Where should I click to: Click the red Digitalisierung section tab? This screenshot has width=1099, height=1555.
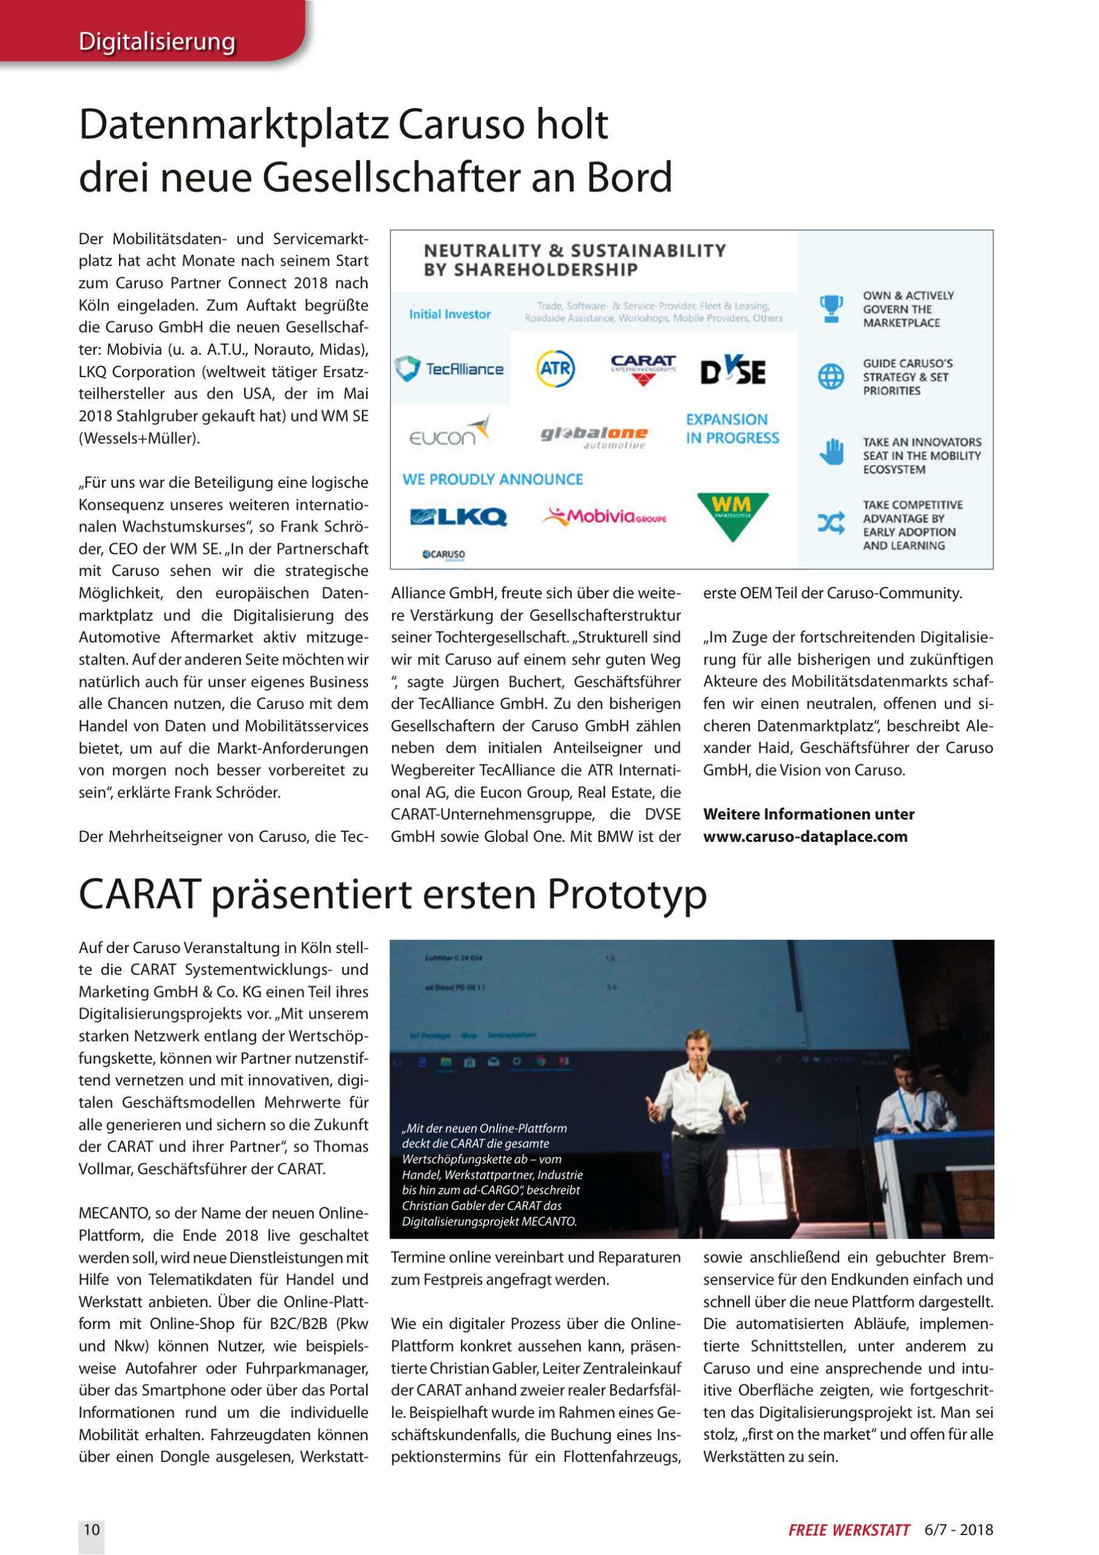pos(157,41)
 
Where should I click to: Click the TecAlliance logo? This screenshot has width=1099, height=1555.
pos(450,369)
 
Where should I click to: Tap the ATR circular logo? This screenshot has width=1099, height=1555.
pos(554,369)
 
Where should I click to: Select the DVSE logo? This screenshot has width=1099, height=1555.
pos(733,370)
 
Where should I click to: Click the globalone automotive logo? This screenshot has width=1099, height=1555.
pos(594,436)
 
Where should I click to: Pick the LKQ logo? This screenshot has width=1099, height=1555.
pos(458,518)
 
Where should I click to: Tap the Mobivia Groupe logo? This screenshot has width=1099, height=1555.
pos(605,518)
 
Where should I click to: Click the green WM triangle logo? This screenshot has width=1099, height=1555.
pos(732,514)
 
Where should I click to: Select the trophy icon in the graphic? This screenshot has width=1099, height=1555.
pos(831,309)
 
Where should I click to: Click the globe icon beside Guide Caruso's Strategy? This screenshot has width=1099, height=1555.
pos(831,377)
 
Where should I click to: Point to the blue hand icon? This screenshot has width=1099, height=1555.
pos(831,452)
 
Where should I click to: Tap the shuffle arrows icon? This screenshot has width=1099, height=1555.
pos(831,523)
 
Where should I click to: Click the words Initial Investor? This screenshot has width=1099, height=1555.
pos(450,314)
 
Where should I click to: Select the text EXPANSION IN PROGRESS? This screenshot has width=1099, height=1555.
pos(732,429)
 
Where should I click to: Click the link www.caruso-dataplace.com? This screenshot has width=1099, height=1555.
pos(805,836)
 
